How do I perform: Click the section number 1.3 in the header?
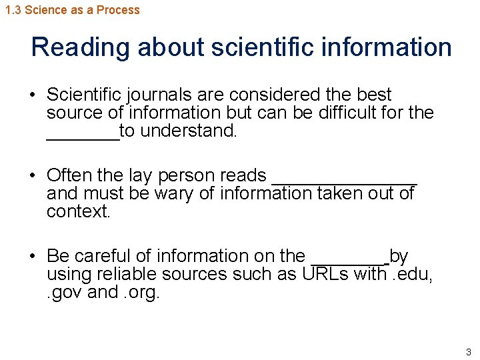click(13, 10)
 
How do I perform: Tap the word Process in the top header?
click(118, 10)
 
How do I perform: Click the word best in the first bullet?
click(374, 95)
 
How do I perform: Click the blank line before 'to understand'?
click(83, 136)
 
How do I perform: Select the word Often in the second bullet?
click(69, 175)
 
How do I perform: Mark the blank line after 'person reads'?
click(345, 181)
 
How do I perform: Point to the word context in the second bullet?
click(73, 212)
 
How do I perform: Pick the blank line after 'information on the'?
click(349, 261)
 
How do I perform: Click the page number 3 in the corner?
click(469, 352)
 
